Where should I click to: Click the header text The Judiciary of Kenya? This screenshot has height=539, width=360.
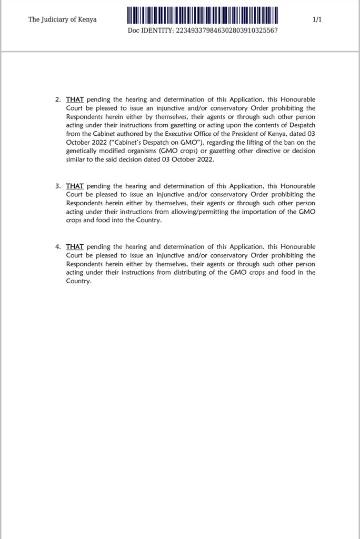(63, 20)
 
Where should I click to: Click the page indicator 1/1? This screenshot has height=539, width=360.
(317, 20)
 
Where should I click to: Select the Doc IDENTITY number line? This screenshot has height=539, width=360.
(203, 30)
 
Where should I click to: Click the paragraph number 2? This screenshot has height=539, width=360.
(58, 99)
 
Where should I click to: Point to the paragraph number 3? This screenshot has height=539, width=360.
(58, 186)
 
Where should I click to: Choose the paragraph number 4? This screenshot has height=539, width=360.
(58, 246)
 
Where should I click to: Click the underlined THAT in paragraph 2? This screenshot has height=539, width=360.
(75, 99)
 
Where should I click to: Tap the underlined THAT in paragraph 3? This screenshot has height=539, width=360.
(75, 186)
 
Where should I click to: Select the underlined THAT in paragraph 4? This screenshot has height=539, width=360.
(75, 246)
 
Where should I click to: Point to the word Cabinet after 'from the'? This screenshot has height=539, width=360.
(105, 134)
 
